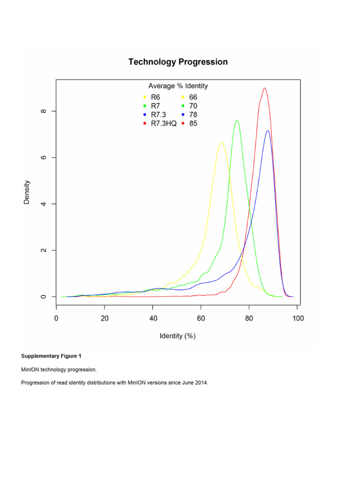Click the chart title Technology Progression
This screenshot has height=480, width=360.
[x=178, y=62]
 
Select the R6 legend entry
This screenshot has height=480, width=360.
[x=156, y=97]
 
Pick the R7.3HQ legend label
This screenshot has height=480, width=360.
[x=163, y=124]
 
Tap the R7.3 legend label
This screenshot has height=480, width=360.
[x=158, y=115]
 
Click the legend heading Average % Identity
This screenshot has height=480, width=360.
[x=178, y=86]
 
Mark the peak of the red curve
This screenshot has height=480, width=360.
[x=265, y=88]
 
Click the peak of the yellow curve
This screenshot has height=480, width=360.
[x=221, y=142]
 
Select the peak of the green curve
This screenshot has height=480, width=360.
[x=237, y=120]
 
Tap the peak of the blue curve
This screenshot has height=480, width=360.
[x=268, y=131]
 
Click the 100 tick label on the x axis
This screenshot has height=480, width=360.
[x=298, y=319]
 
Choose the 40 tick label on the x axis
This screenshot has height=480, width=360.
[x=153, y=319]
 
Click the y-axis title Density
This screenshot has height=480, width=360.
[x=27, y=192]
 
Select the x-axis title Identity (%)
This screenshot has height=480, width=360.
[x=178, y=336]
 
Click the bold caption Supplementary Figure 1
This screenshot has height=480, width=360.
[x=51, y=356]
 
